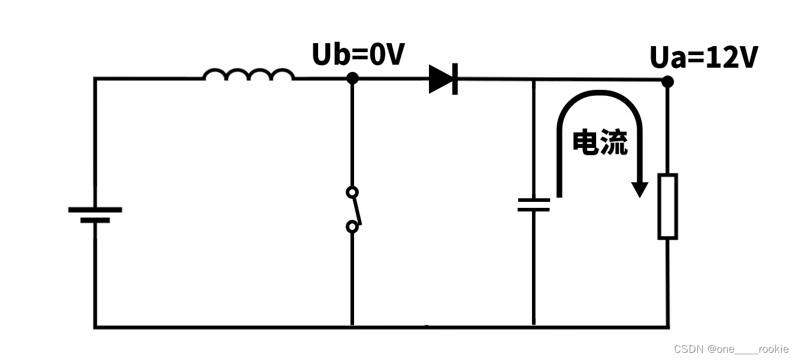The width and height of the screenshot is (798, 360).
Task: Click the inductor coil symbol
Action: tap(248, 74)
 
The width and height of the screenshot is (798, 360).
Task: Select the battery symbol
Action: tap(95, 214)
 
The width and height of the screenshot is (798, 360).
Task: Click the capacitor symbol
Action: tap(533, 205)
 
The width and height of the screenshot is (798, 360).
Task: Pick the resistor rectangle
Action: tap(667, 207)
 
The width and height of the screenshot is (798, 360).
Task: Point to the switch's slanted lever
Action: tap(356, 210)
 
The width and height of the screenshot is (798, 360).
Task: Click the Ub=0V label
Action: tap(358, 55)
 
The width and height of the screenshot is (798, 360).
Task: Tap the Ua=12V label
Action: tap(704, 58)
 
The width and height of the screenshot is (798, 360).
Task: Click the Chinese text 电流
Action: tap(600, 143)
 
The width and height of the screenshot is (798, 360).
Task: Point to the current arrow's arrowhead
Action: tap(640, 189)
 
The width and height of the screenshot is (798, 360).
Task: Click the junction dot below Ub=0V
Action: tap(352, 78)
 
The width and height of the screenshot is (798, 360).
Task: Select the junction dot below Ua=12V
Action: tap(667, 81)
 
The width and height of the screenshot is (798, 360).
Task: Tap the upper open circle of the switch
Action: tap(352, 192)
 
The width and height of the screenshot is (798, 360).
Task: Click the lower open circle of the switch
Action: tap(352, 227)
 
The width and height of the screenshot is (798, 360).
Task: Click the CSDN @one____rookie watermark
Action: tap(731, 349)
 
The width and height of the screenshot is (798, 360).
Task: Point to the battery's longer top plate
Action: tap(95, 210)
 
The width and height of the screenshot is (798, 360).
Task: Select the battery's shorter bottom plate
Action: tap(95, 220)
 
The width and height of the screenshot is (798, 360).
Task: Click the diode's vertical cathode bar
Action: tap(455, 78)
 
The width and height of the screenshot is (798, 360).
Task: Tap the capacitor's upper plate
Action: tap(533, 200)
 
